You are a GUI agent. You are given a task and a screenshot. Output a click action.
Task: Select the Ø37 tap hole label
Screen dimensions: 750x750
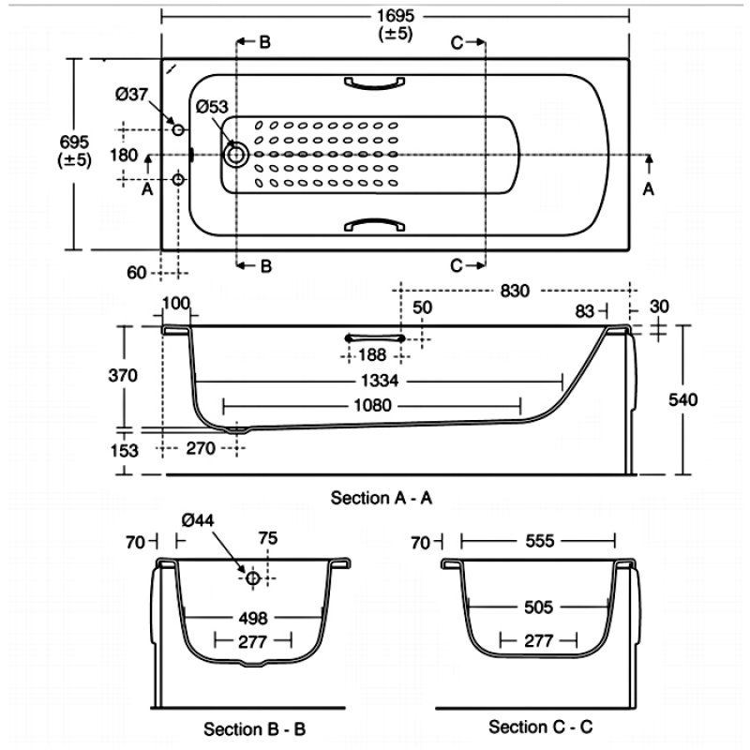click(x=132, y=94)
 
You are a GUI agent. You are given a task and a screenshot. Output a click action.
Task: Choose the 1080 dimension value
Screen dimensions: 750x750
click(x=371, y=406)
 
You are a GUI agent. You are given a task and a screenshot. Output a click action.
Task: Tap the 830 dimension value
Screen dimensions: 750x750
click(x=514, y=291)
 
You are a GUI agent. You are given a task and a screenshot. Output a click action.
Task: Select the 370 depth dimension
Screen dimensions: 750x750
click(x=125, y=376)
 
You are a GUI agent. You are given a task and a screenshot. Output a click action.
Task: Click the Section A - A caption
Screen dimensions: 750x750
click(x=382, y=498)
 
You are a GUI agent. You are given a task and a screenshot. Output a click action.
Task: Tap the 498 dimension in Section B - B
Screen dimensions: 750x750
click(x=254, y=619)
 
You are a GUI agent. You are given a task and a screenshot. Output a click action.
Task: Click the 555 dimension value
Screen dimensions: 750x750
click(x=537, y=541)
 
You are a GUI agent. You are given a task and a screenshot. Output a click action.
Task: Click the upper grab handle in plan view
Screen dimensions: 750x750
click(x=373, y=84)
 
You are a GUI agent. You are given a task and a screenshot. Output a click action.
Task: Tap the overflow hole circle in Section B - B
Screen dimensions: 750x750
click(x=252, y=578)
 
